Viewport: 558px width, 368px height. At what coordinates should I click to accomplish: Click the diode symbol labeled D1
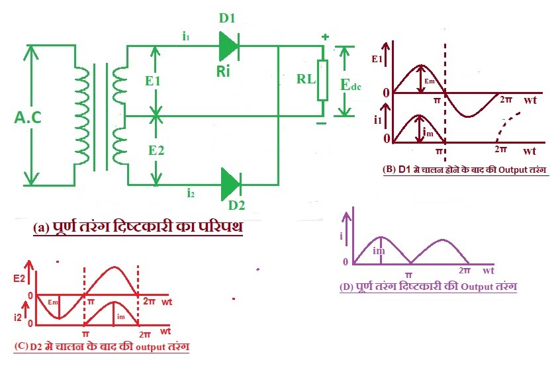[x=227, y=46]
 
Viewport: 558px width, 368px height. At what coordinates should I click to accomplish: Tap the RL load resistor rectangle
[x=322, y=81]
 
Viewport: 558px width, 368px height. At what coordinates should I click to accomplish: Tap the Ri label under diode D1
[x=223, y=71]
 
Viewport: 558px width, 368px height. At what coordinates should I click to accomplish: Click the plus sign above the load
[x=325, y=37]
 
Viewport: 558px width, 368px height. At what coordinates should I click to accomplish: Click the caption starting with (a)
[x=138, y=227]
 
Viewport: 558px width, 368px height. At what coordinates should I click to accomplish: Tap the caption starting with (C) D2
[x=103, y=346]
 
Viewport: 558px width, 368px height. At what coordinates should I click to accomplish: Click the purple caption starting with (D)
[x=428, y=287]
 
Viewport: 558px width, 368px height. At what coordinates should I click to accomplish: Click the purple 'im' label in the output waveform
[x=378, y=250]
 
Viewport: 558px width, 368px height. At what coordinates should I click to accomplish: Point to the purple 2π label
[x=463, y=271]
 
